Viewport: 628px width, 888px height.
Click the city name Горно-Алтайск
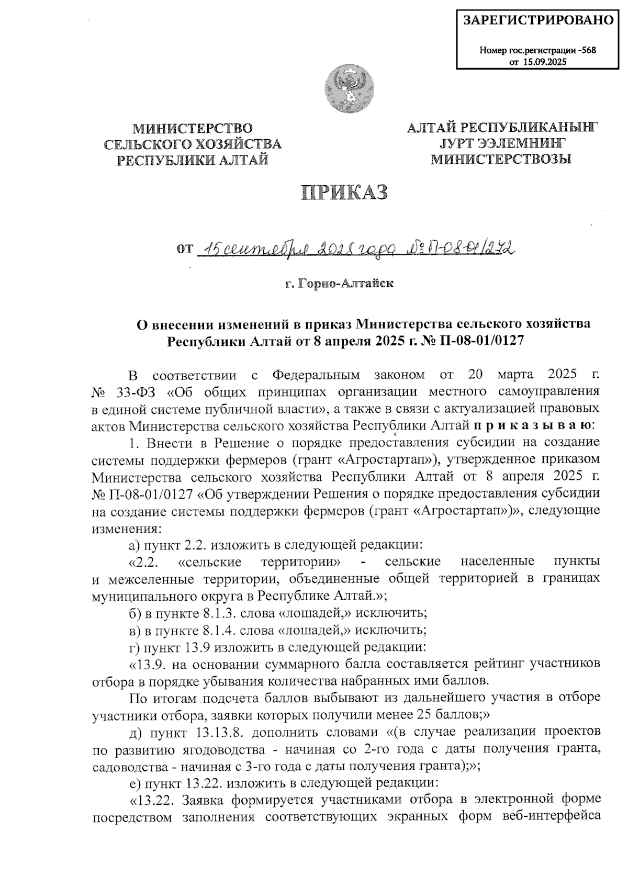(x=344, y=284)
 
